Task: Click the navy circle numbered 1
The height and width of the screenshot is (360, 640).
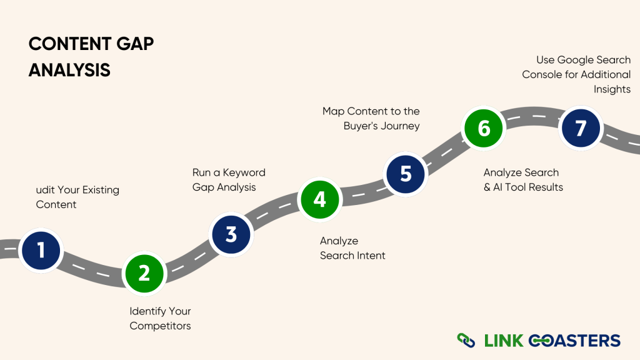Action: [41, 250]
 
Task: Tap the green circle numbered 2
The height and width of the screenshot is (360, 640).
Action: [144, 273]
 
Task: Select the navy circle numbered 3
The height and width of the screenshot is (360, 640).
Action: [231, 234]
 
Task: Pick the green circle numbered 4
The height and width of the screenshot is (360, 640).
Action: [319, 199]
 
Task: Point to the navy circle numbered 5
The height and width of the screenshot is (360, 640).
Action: [406, 173]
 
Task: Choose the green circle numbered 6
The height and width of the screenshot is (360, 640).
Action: [484, 128]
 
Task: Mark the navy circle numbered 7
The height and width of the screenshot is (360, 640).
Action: [581, 128]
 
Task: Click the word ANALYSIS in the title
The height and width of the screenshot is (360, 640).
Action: [69, 70]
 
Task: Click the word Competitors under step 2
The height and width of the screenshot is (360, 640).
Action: [160, 326]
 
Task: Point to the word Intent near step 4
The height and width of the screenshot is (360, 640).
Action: [371, 255]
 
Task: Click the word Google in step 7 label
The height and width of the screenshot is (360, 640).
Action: [576, 60]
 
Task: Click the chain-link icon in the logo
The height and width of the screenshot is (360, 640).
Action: [466, 341]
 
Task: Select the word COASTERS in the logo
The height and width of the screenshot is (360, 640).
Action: [574, 341]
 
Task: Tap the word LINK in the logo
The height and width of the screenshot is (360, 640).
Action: [503, 341]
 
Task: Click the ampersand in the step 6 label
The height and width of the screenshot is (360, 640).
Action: [487, 187]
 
